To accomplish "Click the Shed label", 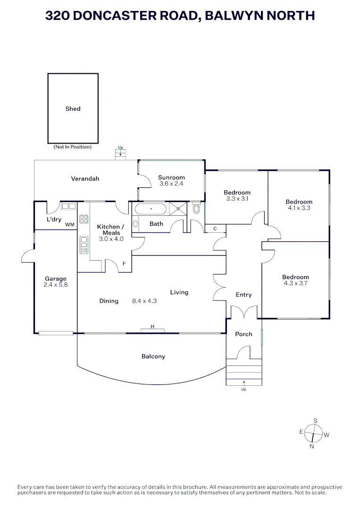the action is point(73,109).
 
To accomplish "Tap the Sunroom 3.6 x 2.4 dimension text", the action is point(171,183).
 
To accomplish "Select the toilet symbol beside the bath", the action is point(196,208).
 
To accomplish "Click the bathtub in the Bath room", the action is point(151,209).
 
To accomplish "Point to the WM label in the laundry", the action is point(70,224).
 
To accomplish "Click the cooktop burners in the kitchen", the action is point(84,219).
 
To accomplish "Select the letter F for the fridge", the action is point(124,264).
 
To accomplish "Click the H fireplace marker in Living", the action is point(152,327).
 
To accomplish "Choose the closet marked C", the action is point(215,229).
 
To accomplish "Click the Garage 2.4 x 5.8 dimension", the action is point(56,285).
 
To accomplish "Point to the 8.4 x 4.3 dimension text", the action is point(144,301).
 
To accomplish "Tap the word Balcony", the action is point(153,357).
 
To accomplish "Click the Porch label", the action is point(243,334).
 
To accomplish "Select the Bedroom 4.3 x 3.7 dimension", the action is point(295,283).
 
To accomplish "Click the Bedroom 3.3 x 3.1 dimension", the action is point(237,198).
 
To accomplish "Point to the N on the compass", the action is point(312,447).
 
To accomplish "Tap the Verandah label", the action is point(85,178).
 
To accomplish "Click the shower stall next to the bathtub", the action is point(178,209).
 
